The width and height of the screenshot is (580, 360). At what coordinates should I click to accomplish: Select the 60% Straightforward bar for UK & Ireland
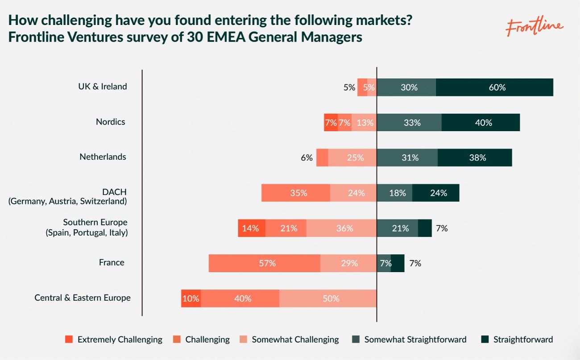tap(494, 87)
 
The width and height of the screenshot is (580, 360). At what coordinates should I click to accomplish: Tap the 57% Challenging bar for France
tap(265, 263)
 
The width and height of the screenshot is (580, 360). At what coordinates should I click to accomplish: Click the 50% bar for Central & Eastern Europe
tap(328, 298)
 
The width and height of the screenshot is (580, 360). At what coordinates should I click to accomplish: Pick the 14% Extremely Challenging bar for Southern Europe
tap(252, 228)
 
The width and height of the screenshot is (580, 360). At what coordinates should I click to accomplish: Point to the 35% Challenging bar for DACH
tap(296, 193)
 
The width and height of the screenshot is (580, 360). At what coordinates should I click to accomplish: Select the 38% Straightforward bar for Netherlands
tap(475, 157)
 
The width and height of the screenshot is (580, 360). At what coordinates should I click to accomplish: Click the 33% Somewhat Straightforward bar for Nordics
tap(409, 122)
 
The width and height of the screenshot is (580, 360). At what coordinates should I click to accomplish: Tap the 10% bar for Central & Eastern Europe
tap(191, 298)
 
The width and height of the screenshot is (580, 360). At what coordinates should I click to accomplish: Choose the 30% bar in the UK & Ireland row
tap(406, 87)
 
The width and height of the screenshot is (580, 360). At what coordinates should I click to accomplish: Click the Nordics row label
tap(111, 122)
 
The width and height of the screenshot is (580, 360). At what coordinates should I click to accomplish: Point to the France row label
tap(112, 262)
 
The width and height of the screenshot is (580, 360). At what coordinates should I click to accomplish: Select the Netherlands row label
tap(103, 157)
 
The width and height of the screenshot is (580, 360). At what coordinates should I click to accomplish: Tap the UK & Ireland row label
tap(103, 87)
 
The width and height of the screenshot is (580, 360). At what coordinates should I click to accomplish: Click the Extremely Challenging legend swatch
tap(68, 339)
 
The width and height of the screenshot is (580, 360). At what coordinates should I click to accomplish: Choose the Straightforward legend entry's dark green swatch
tap(485, 339)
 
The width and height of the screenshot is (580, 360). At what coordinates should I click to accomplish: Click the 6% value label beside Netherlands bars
tap(307, 157)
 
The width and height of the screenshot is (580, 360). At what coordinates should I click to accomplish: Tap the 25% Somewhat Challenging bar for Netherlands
tap(352, 157)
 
